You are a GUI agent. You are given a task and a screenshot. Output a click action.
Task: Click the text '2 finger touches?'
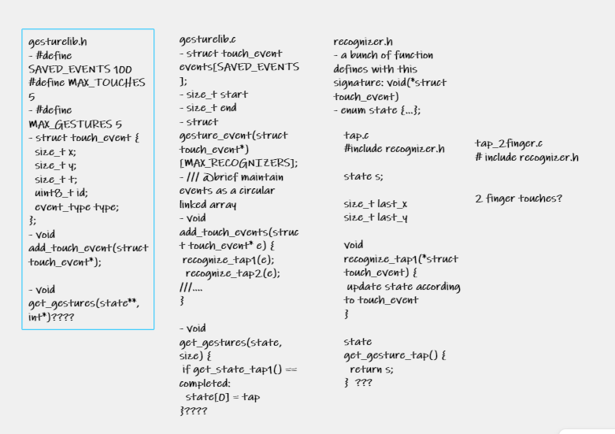pyautogui.click(x=519, y=198)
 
